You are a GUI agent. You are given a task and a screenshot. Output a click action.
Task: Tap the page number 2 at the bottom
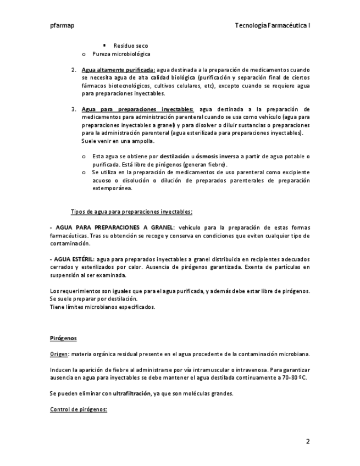308,441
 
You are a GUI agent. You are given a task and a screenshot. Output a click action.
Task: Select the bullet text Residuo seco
130,46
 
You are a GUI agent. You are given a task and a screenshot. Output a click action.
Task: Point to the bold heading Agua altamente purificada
118,70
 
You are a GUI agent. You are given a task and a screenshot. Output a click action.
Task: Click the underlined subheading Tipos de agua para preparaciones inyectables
131,211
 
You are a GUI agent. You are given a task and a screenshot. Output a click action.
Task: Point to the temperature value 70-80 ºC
293,378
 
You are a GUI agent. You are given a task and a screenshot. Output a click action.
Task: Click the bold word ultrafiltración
131,393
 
